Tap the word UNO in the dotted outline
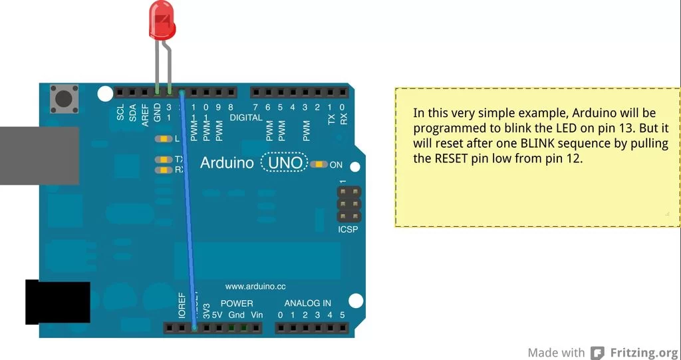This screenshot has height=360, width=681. coord(285,163)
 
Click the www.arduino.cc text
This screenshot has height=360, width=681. coord(255,286)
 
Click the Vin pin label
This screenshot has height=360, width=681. coord(257,314)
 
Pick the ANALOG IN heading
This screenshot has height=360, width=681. coord(307,303)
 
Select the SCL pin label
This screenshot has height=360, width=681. coord(120,113)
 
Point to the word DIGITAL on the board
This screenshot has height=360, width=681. coord(246,117)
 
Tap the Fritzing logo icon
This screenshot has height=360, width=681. coord(599,353)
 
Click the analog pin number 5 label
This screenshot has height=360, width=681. coord(342,314)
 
